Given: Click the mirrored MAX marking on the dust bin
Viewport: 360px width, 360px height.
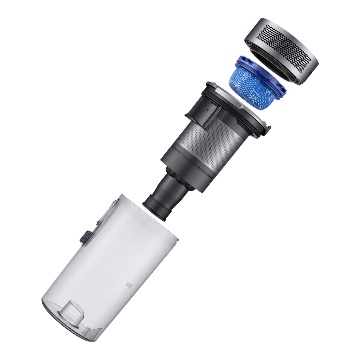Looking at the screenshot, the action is (x=128, y=284).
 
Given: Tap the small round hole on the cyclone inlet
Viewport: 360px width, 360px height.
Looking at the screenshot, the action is (x=208, y=110).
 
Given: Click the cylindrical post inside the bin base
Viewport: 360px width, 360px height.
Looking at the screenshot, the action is (x=73, y=312).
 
